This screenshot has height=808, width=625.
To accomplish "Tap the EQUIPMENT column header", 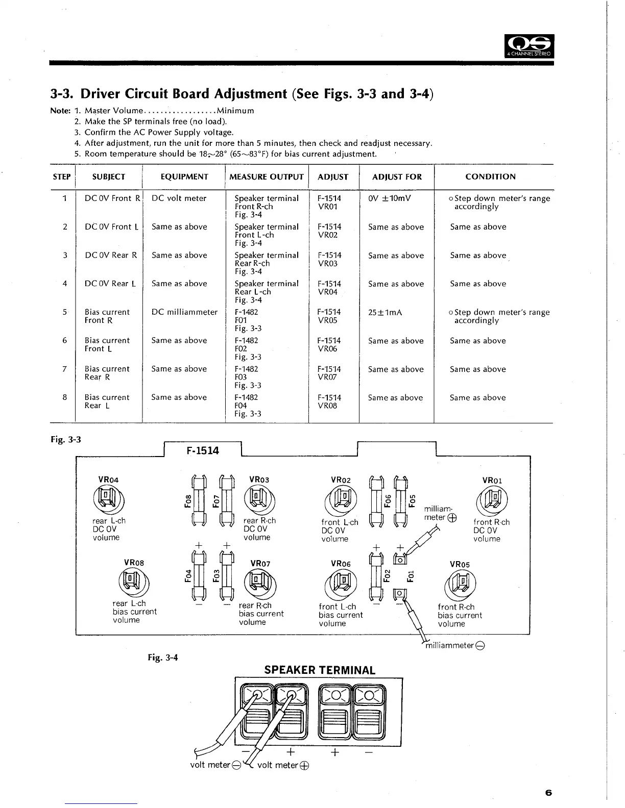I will click(184, 177).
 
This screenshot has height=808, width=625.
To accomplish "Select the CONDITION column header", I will click(490, 177).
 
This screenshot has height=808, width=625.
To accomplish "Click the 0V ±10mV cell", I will click(389, 198).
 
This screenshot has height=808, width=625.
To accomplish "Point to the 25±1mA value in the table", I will click(385, 312).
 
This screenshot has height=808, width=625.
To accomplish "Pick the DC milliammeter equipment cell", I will click(184, 312).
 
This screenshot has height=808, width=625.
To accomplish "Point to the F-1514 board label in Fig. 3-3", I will click(202, 450).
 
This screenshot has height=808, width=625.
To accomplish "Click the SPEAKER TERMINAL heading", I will click(320, 670).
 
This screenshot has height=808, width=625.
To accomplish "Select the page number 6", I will click(548, 792).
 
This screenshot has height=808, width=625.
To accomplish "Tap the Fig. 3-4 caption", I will click(163, 657).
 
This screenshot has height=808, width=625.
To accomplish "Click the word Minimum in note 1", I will click(235, 111).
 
